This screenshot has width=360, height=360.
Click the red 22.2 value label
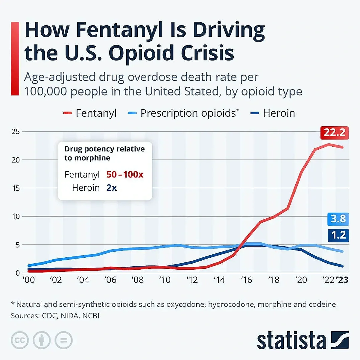(x=334, y=133)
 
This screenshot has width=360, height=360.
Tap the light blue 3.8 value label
(x=338, y=219)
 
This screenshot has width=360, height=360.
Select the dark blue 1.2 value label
(x=338, y=236)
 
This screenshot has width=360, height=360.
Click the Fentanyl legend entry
(x=90, y=113)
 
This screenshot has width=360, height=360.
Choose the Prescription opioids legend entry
(x=184, y=113)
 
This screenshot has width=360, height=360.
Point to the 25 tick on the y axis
(x=16, y=132)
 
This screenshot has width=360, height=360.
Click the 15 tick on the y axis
(x=16, y=188)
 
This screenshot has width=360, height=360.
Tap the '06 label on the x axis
(x=110, y=280)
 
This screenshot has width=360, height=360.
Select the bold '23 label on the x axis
(x=342, y=280)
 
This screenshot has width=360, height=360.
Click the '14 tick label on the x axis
(x=219, y=280)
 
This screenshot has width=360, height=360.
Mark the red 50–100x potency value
(x=125, y=175)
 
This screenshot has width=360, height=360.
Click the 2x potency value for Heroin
(x=112, y=188)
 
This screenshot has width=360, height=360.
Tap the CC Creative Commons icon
(x=20, y=340)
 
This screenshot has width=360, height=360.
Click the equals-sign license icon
(x=63, y=340)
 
